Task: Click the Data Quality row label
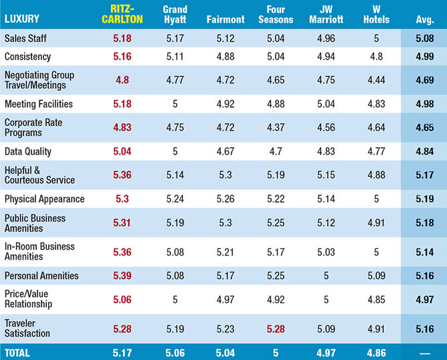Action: point(28,152)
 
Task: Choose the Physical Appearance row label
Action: point(44,199)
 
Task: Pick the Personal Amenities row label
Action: point(41,275)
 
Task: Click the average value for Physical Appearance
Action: point(424,199)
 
